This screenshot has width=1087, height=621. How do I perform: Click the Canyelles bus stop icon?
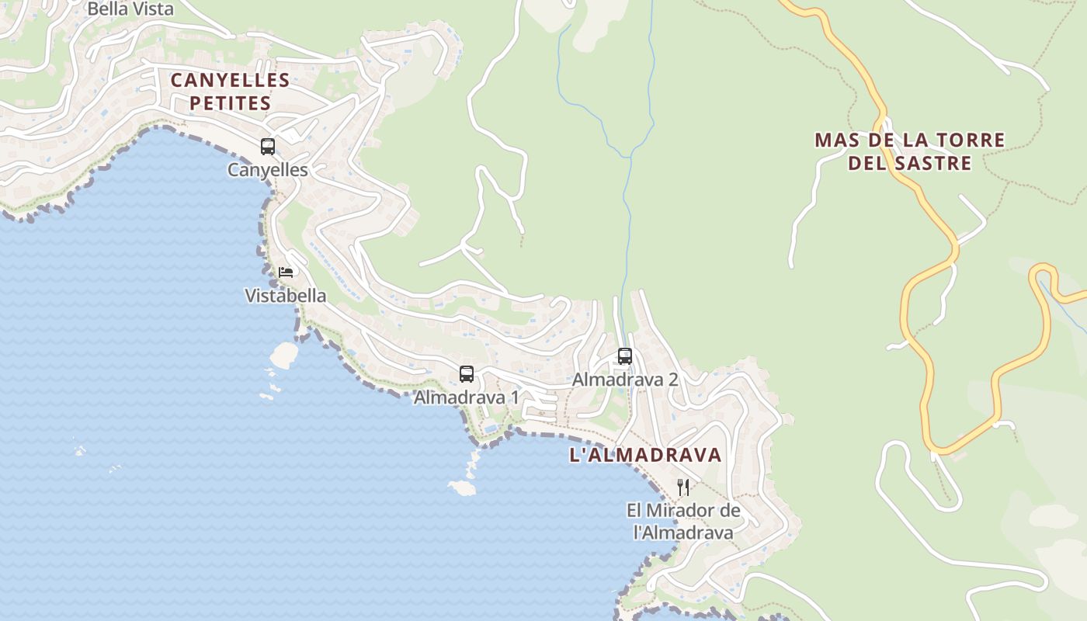(268, 146)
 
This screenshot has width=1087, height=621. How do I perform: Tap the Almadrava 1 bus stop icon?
(466, 374)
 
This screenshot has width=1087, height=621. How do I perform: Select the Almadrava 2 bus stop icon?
(624, 356)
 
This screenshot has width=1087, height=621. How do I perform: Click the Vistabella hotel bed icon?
(286, 272)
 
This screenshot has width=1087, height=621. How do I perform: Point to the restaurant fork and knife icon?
(683, 487)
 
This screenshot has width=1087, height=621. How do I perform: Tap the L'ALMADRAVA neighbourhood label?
(646, 456)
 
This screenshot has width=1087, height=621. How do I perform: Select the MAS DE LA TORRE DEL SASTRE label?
(909, 151)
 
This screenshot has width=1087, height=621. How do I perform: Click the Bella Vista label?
(130, 9)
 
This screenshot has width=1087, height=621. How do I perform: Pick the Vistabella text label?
(286, 296)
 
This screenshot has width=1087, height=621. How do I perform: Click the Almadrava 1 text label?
(466, 397)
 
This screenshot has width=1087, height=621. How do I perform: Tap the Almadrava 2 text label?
(625, 380)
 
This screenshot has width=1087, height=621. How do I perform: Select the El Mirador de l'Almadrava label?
(683, 522)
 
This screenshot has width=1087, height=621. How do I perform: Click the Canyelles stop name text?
(268, 170)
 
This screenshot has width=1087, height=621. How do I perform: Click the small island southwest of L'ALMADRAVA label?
(463, 487)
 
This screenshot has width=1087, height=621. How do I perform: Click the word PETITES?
(231, 103)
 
